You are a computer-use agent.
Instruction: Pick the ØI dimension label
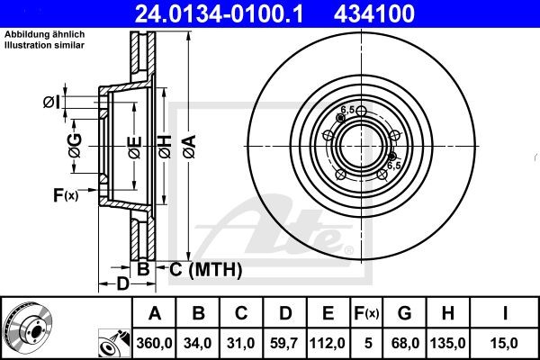(52, 102)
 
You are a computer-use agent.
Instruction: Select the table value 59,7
(284, 341)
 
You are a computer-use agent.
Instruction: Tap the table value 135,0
(448, 341)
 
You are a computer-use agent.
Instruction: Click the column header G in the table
(405, 314)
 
